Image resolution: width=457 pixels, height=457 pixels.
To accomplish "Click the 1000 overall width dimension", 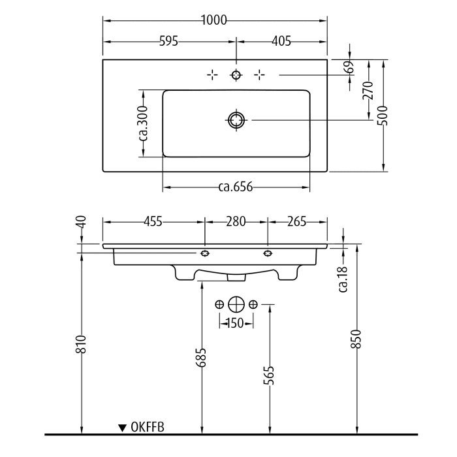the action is click(x=214, y=20).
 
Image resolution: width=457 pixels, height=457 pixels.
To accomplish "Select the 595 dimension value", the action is click(x=168, y=41).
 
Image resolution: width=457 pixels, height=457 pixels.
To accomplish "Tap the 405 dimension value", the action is click(x=281, y=41).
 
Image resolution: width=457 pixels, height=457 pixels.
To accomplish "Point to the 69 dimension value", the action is click(x=350, y=67).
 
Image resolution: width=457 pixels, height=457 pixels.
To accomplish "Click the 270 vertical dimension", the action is click(x=368, y=90).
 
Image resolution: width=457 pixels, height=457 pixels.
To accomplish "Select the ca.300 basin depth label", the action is click(x=143, y=123).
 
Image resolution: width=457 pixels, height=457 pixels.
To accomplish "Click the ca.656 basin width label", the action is click(x=236, y=187).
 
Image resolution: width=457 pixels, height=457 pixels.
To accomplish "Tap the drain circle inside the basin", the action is click(x=236, y=119).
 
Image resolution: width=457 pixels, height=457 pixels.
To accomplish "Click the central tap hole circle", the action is click(x=236, y=75).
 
